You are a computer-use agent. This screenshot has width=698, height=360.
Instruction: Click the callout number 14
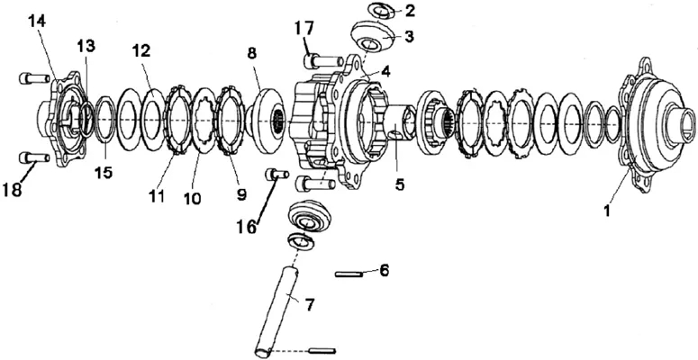coord(38,21)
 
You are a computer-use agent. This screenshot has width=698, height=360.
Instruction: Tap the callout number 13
coord(86,45)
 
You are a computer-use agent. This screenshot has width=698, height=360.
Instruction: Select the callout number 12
coord(141,50)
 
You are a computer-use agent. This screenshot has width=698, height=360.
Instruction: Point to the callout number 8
coord(252,53)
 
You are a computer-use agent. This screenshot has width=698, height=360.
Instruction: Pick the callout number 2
coord(409,11)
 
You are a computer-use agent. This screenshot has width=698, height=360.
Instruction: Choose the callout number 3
coord(408,37)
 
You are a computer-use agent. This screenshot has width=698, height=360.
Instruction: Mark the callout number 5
coord(399,184)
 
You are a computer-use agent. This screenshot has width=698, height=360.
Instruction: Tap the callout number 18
coord(12,190)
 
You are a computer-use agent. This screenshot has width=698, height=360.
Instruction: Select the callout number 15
coord(104,173)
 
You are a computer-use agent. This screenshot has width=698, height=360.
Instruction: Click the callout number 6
coord(384,270)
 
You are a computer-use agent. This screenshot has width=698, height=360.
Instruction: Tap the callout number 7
coord(310,305)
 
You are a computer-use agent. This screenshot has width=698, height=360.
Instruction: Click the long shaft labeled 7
coord(276,310)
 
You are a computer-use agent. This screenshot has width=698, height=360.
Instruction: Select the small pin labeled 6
coord(349,274)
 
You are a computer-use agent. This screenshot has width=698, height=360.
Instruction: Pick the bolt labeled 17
coord(323,60)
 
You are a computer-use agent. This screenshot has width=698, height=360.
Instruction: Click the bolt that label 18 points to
coord(34,157)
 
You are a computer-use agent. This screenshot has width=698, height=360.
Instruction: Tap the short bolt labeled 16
coord(277,174)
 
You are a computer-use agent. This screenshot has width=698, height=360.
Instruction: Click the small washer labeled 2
coord(382,11)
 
